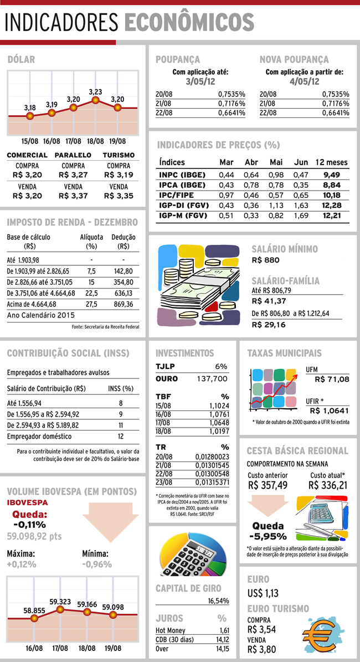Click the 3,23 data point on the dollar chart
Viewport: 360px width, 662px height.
pos(95,100)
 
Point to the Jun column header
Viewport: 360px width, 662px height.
pos(301,162)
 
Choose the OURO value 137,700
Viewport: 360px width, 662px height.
pos(212,379)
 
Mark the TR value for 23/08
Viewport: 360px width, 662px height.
pos(212,482)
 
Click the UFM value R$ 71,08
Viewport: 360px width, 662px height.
pos(332,379)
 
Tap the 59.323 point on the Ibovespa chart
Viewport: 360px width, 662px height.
pos(60,609)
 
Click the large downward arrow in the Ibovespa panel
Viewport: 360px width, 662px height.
pos(111,522)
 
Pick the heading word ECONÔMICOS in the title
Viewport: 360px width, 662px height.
pos(189,22)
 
